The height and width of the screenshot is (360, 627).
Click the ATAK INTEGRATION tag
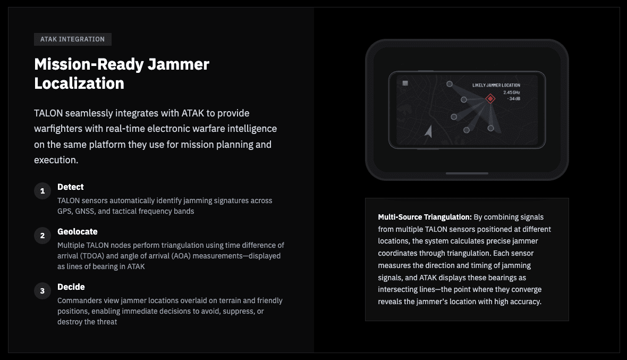72,39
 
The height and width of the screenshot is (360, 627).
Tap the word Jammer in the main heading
179,64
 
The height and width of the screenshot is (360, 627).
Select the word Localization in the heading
79,83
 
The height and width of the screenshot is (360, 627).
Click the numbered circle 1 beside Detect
43,191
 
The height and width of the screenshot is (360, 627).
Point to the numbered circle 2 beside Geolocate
43,236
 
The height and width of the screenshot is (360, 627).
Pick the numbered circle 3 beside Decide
43,291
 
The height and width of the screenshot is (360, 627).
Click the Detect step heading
70,187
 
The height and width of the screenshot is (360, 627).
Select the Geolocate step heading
77,232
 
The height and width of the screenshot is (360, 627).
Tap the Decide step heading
71,287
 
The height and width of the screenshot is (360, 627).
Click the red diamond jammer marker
490,98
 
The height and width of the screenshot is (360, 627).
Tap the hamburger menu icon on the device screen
405,83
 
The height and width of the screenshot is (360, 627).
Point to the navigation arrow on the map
429,131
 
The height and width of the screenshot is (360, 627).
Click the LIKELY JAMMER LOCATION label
496,85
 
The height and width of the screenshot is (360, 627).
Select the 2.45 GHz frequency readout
512,93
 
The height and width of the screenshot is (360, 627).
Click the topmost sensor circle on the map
450,84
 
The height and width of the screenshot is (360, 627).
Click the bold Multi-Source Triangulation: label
425,217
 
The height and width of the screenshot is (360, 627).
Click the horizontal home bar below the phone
467,173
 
